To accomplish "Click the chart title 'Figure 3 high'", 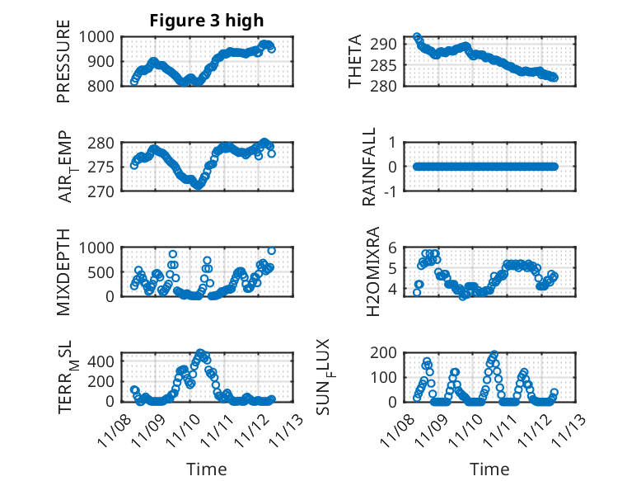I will click(x=206, y=21).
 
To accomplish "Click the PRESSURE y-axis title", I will click(x=64, y=68).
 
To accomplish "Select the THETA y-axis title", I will click(x=355, y=62).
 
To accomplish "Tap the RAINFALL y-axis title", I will click(x=370, y=167).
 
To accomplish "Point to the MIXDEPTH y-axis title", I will click(x=64, y=271).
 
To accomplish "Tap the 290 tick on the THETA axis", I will click(x=389, y=44).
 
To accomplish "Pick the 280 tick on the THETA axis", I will click(x=389, y=86).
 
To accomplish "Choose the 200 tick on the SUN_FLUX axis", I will click(x=389, y=353).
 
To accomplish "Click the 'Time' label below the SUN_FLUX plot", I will click(x=489, y=469).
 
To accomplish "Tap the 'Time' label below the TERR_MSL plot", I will click(x=206, y=469).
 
